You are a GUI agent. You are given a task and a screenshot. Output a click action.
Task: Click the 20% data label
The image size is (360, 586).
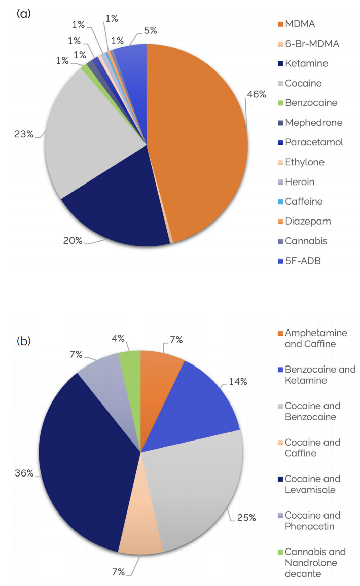(73, 241)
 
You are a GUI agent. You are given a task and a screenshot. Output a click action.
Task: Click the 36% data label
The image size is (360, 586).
(24, 473)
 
